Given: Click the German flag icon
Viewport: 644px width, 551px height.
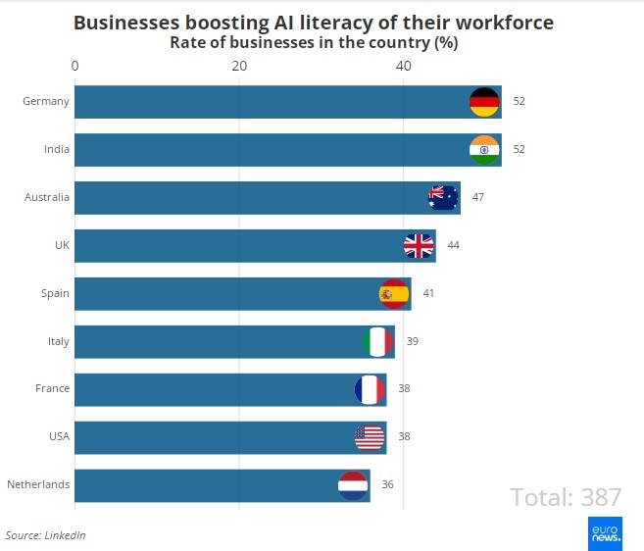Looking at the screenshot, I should (484, 102).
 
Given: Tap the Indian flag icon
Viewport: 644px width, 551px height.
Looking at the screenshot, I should (484, 150).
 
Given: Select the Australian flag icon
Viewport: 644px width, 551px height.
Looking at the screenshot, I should (443, 197).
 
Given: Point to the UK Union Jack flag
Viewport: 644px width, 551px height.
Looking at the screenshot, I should (420, 245).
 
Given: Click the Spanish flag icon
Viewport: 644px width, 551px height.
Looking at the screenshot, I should (394, 293).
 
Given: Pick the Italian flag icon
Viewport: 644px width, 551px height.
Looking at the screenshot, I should (377, 341).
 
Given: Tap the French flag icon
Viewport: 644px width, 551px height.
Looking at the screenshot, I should (370, 389).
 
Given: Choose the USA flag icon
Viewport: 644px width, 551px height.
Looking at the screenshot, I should (370, 436).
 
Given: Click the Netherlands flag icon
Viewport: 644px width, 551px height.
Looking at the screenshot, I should (353, 484).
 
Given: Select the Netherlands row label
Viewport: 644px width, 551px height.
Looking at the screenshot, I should (38, 484).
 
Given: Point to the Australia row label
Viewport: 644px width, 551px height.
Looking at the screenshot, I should (47, 197).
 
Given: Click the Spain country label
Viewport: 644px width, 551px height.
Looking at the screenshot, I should (55, 293).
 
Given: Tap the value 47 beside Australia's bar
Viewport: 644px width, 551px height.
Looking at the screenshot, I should (478, 197).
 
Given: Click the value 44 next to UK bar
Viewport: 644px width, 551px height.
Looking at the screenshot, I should (453, 245).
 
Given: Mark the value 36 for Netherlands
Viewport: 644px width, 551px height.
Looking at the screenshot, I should (387, 484).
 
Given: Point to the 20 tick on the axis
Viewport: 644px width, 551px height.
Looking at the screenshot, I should (239, 66).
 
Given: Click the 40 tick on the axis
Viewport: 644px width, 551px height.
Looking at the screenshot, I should (403, 66).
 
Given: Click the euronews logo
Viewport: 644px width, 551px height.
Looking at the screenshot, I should (605, 533).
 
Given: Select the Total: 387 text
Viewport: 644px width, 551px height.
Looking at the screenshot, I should (566, 497).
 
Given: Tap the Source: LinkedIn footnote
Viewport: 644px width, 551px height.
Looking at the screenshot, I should (46, 535).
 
